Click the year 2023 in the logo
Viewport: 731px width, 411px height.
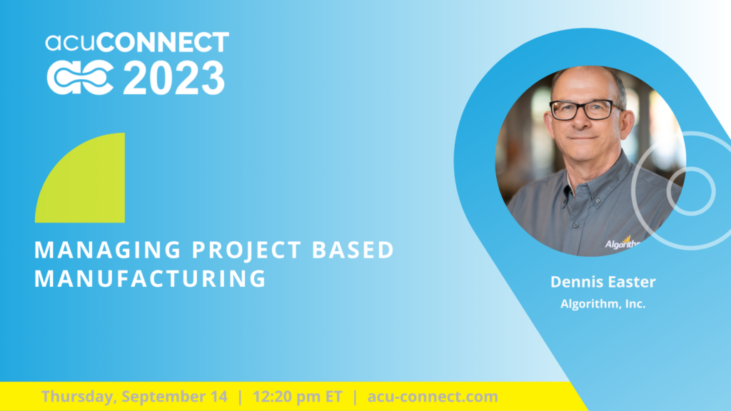(x=174, y=78)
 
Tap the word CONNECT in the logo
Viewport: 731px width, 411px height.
(x=163, y=42)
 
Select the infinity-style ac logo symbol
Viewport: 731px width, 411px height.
(x=80, y=78)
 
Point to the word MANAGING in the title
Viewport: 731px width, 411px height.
(x=108, y=250)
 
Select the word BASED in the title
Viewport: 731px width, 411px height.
(x=353, y=250)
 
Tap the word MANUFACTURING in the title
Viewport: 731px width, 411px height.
(x=150, y=279)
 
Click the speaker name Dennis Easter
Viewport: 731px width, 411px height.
(x=603, y=281)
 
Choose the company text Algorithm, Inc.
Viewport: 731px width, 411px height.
(x=603, y=304)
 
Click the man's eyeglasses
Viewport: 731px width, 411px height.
(x=585, y=110)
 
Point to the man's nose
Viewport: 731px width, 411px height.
(x=580, y=121)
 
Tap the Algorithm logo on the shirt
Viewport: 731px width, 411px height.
(x=622, y=243)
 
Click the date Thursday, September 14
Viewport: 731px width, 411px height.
(x=134, y=397)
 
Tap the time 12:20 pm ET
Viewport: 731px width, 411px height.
(x=298, y=397)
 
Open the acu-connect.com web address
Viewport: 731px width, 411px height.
(x=433, y=397)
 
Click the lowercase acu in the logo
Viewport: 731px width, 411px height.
(x=71, y=43)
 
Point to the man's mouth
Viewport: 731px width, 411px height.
(x=583, y=138)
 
